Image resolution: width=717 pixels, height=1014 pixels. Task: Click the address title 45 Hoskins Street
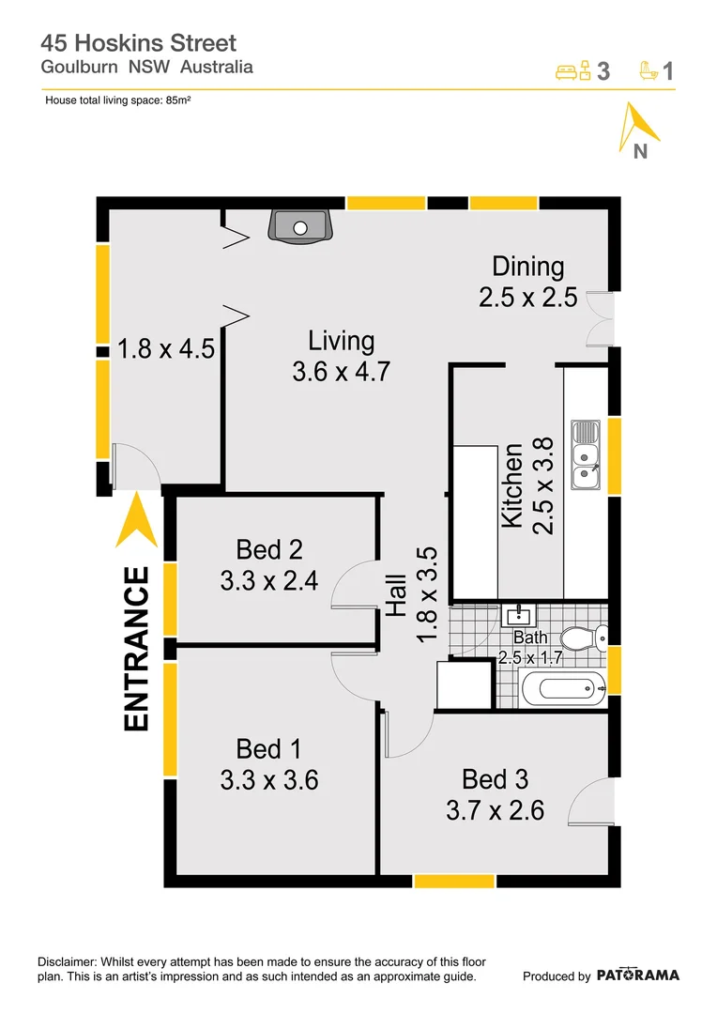coord(138,42)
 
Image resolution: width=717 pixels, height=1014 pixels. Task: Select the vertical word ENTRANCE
coord(137,649)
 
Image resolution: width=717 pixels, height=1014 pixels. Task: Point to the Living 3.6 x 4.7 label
coord(341,356)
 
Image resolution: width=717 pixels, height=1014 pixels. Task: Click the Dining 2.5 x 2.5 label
coord(527,282)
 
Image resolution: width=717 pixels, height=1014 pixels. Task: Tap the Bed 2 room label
coord(269,564)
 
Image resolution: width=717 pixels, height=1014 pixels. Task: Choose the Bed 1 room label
coord(269,764)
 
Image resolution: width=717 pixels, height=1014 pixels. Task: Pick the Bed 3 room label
coord(495,794)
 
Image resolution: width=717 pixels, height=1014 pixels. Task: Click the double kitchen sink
coord(587,456)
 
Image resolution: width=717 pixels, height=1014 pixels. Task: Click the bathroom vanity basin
coord(517,617)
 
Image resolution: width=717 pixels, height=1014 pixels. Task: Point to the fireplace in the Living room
coord(299,226)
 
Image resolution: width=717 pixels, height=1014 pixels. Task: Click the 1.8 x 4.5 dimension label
coord(166,349)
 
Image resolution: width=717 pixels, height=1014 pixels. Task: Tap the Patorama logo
coord(637,975)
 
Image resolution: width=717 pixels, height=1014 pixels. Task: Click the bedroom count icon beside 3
coord(572,70)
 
